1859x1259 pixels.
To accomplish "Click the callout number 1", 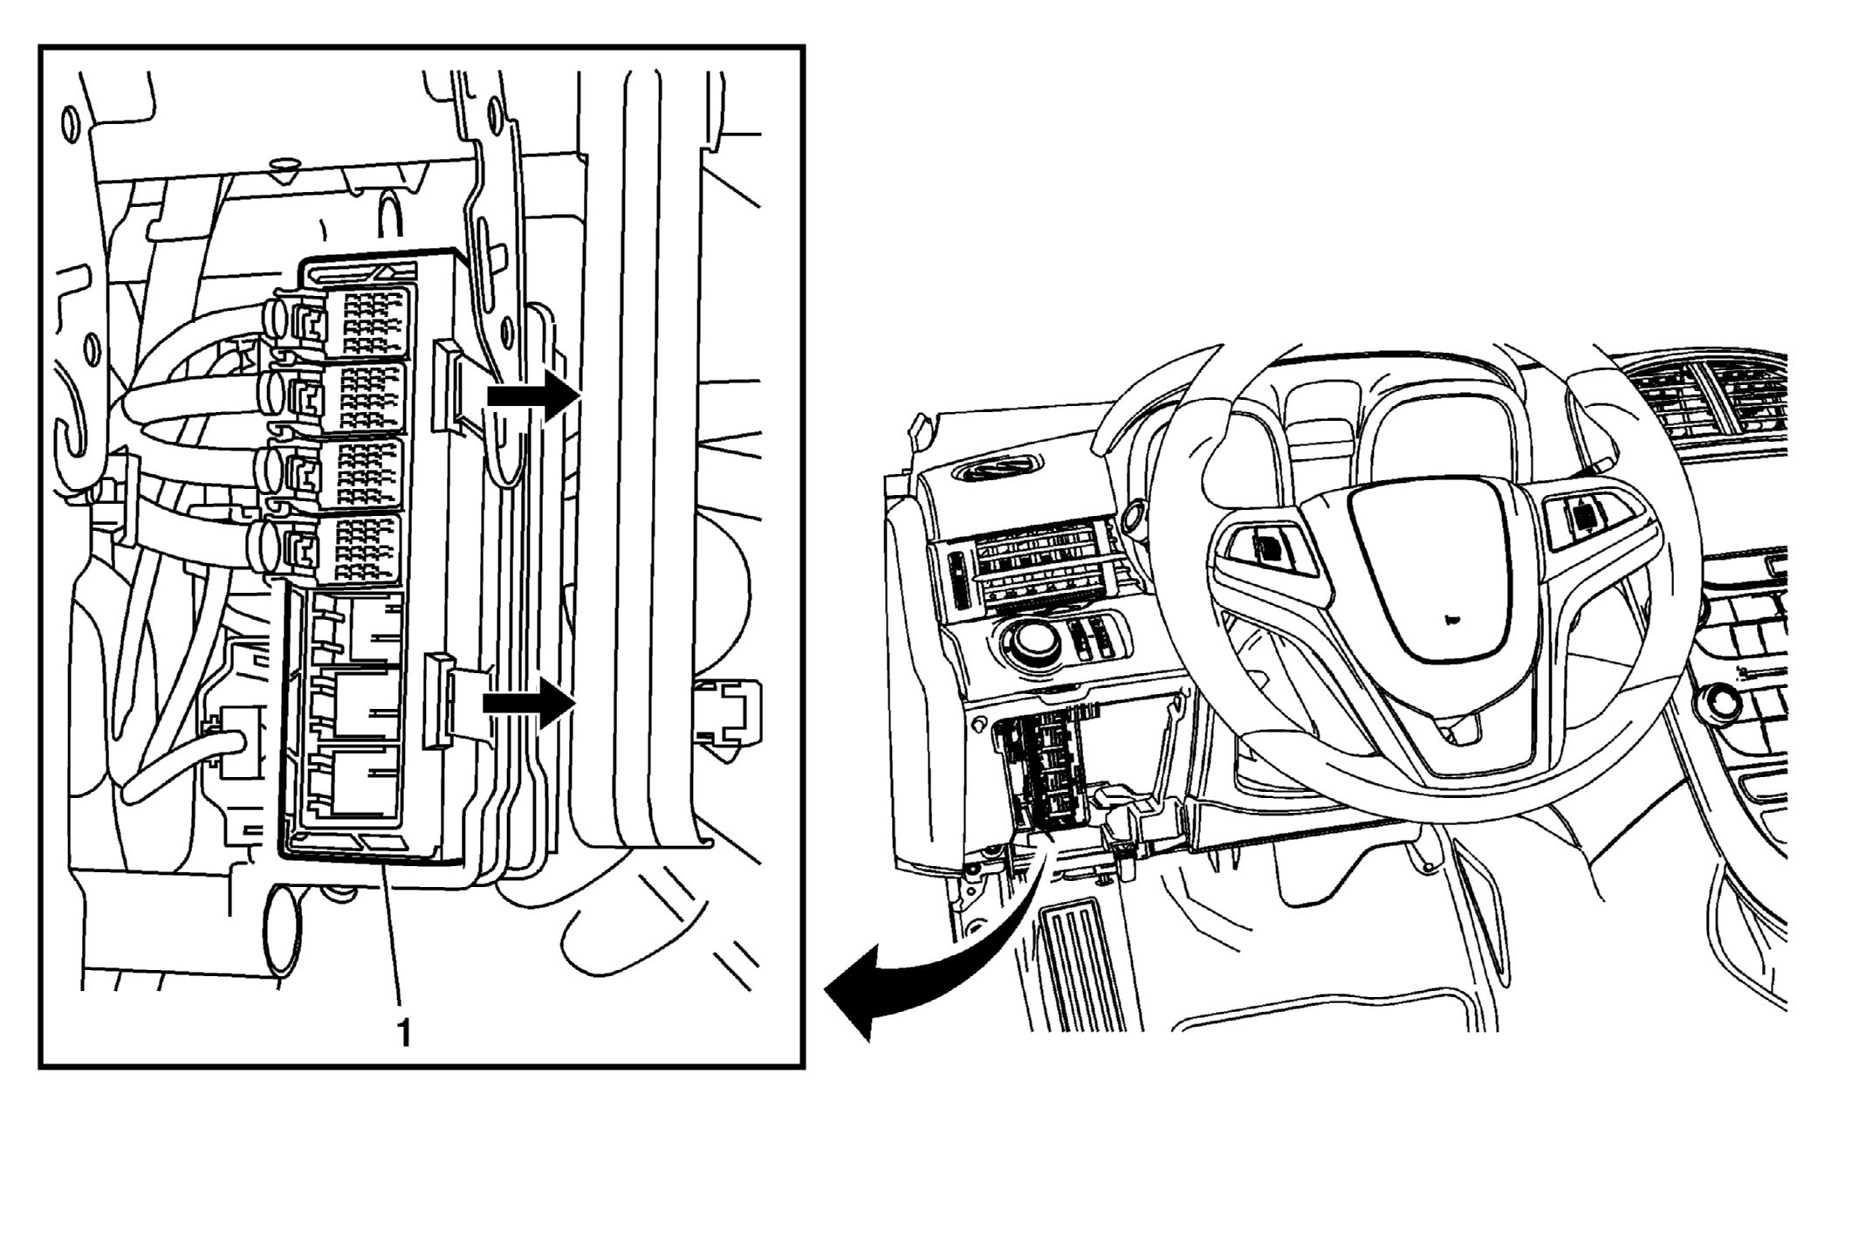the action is click(403, 1034).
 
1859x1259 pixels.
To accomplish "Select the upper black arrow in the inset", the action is click(533, 396).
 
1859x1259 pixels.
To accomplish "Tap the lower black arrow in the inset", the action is click(530, 703).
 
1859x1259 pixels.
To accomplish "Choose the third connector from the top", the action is click(336, 474).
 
